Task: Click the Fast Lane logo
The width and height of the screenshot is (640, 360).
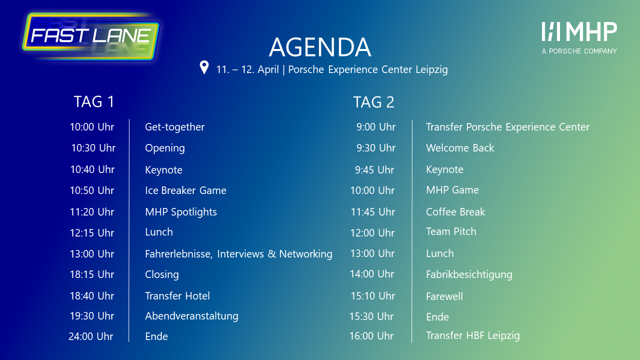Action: pos(91,36)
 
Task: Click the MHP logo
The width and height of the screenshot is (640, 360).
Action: pos(579,37)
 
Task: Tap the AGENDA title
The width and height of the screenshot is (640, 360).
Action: pos(320,47)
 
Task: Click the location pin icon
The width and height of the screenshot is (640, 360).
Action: pos(204,67)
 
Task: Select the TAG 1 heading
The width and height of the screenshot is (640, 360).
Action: pos(94,101)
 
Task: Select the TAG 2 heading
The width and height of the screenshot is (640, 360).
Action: pos(373,102)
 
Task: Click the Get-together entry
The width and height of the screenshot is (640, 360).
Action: pos(174,127)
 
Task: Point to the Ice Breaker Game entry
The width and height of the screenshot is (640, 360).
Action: pos(185,190)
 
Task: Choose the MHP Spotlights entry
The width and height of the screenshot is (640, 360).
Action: pos(181,212)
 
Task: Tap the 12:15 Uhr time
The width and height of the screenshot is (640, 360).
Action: pos(92,233)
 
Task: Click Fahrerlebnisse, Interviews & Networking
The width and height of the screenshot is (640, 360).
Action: pos(238,254)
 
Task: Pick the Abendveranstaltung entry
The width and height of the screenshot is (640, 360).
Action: pos(191,316)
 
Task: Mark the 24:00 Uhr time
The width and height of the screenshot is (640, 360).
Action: pos(91,336)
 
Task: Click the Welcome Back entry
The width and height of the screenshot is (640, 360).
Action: pos(460,148)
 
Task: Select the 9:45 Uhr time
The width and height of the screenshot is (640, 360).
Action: pos(374,170)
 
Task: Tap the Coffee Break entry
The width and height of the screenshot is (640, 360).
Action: pos(455,212)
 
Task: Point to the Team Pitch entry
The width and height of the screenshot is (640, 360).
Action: pos(451,231)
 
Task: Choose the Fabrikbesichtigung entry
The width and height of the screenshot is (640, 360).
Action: pos(469,275)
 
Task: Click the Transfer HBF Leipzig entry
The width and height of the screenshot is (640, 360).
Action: pos(473,335)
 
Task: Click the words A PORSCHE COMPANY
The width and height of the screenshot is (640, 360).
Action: pos(579,51)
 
